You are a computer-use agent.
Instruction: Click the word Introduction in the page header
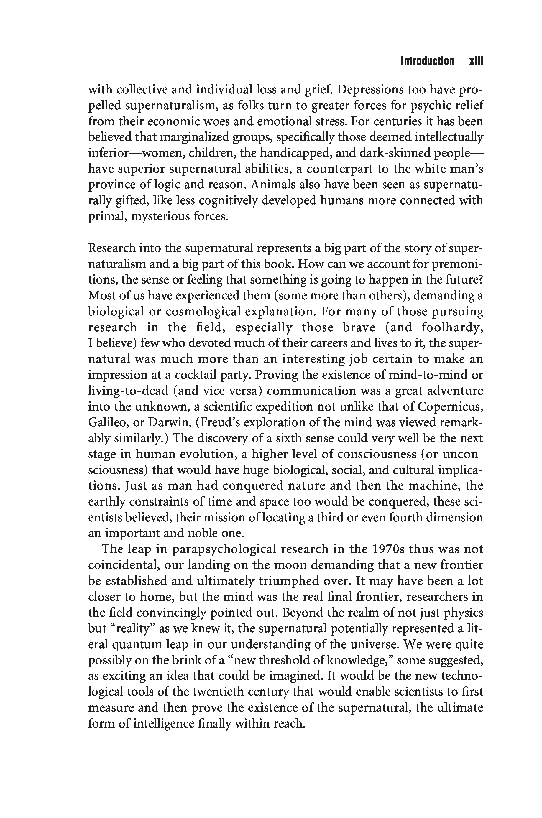[x=427, y=61]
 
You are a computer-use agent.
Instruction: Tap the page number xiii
[x=476, y=61]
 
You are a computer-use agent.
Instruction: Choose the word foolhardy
[x=451, y=327]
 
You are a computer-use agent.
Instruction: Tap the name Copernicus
[x=450, y=407]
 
